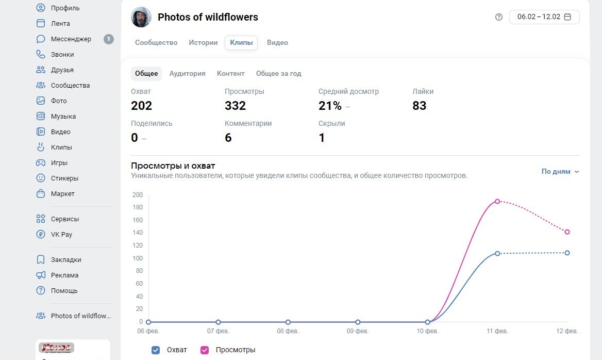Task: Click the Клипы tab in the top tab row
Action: [x=241, y=43]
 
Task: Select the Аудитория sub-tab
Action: [x=187, y=74]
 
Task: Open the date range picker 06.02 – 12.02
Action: [x=544, y=17]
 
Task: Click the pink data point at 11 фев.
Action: [x=497, y=201]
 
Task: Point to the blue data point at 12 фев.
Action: [x=567, y=253]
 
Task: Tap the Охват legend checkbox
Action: [x=156, y=350]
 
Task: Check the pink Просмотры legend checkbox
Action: [x=205, y=350]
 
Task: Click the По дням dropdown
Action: [x=560, y=172]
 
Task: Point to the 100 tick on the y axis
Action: [x=137, y=258]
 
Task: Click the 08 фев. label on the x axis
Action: [x=288, y=331]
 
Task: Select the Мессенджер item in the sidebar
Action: [x=71, y=39]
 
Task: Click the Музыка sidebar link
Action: [x=63, y=117]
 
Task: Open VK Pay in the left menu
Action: [x=61, y=235]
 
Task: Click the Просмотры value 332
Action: [x=235, y=106]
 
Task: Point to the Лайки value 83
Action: [x=419, y=106]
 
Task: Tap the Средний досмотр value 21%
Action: [x=330, y=106]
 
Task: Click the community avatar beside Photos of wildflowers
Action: [x=141, y=17]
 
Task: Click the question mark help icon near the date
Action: [x=498, y=17]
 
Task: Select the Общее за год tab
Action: [x=278, y=74]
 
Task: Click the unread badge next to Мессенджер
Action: [x=108, y=39]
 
